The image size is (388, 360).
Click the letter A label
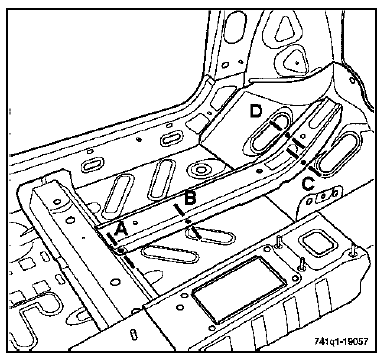121,230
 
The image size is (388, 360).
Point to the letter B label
189,199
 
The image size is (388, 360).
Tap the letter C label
308,184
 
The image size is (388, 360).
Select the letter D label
256,111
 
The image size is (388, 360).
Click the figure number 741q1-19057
342,342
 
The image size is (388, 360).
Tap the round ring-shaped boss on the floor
201,170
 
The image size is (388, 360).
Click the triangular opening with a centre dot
295,61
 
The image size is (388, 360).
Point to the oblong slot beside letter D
269,131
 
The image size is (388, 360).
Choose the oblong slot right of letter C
338,153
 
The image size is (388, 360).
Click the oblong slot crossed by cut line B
210,236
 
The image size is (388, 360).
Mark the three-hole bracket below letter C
323,197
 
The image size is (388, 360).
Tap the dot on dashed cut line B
188,221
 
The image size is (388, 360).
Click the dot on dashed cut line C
303,162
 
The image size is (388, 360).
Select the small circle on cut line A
120,250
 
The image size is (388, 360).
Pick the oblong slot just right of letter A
170,254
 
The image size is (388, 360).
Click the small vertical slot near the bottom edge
134,335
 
